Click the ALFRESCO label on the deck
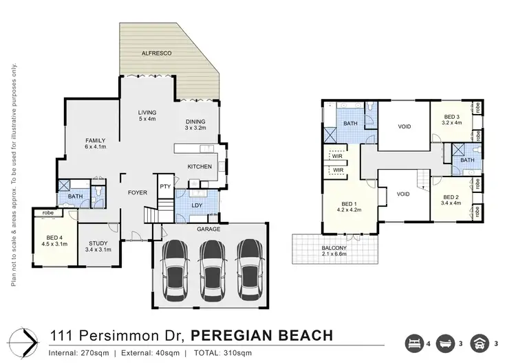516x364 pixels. click(156, 52)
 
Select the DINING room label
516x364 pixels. click(195, 125)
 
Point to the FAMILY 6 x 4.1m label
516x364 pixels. click(95, 144)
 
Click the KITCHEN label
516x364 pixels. click(200, 167)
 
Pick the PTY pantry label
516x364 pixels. click(165, 187)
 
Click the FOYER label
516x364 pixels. click(138, 193)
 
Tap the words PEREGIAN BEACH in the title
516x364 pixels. click(261, 336)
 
